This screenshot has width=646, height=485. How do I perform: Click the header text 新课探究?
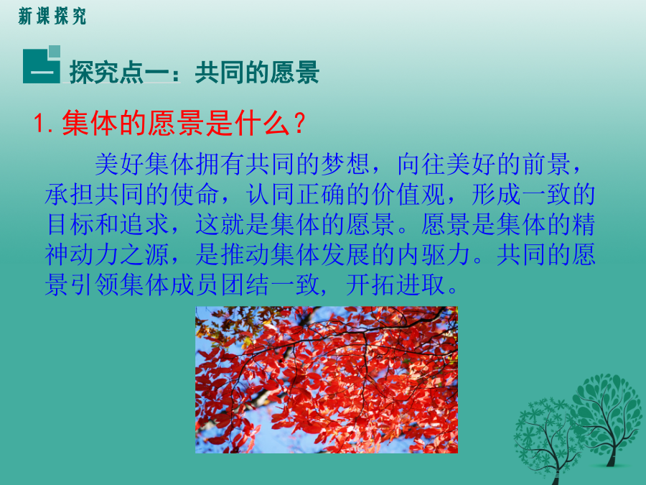[52, 17]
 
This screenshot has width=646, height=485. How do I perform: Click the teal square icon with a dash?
[42, 65]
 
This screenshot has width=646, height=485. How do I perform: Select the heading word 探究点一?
[118, 73]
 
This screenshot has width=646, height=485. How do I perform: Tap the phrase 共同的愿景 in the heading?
[257, 73]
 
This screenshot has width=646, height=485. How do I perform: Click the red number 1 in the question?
[39, 124]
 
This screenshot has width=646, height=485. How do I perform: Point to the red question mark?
[299, 123]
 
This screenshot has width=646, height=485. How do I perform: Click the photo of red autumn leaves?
[327, 380]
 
